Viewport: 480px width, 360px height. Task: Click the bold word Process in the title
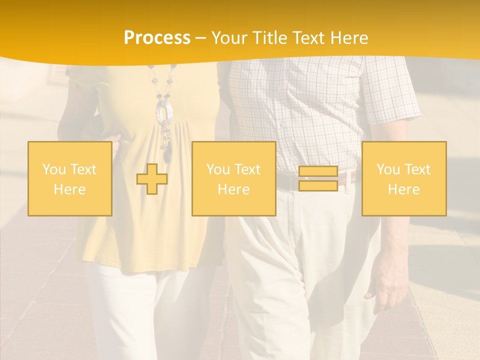[x=157, y=38]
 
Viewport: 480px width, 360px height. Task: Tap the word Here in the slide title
[x=349, y=38]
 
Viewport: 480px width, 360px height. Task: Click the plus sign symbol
[x=152, y=179]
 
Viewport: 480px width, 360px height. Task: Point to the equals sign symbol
[x=318, y=178]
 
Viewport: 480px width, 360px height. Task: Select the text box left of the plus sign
[x=69, y=178]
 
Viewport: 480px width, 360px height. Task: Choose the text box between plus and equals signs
[x=233, y=178]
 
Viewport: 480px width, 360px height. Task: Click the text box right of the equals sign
[x=403, y=178]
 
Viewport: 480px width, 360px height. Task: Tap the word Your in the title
[x=228, y=38]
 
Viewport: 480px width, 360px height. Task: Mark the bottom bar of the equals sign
[x=318, y=185]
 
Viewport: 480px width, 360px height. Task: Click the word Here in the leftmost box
[x=69, y=189]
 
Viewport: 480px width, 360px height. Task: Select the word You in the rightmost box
[x=388, y=169]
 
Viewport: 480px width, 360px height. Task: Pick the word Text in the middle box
[x=248, y=169]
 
